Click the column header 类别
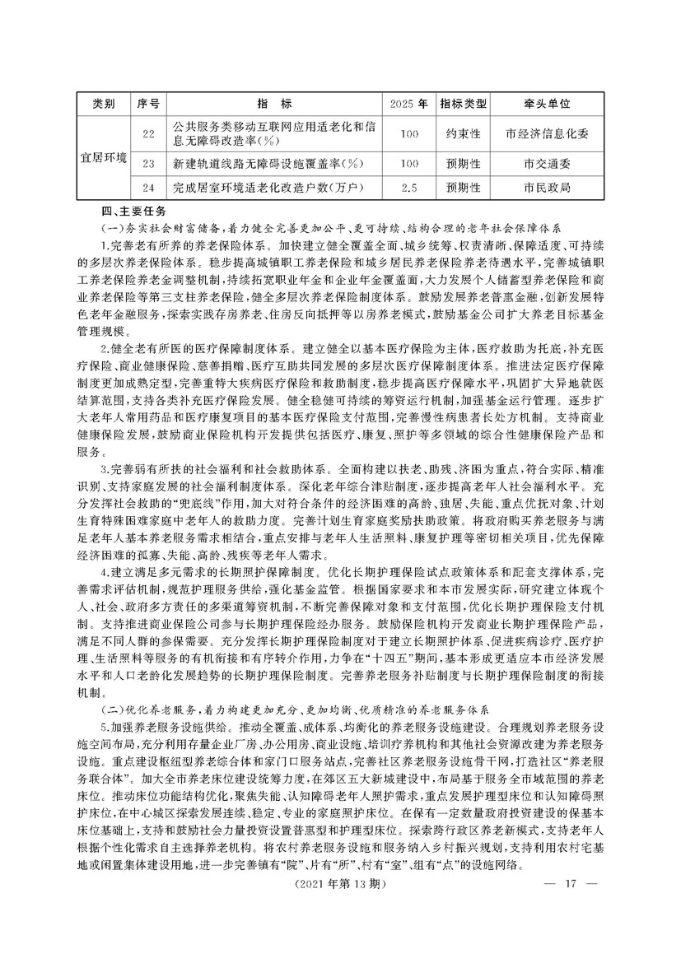point(103,105)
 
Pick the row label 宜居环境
point(103,156)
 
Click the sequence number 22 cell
point(148,133)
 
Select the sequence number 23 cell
point(148,164)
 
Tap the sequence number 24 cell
point(148,188)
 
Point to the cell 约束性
point(464,133)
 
